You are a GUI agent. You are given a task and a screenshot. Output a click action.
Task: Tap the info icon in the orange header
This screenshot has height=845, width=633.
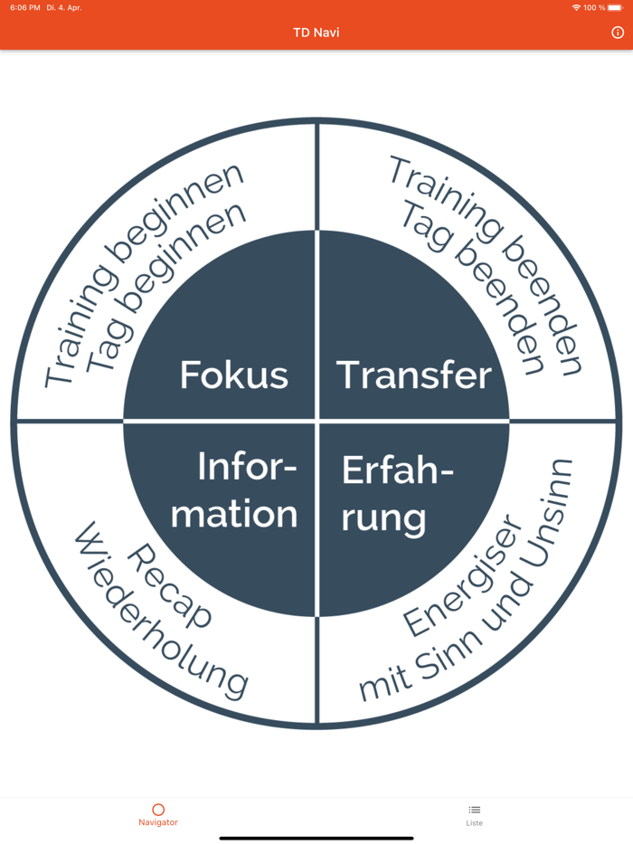click(618, 33)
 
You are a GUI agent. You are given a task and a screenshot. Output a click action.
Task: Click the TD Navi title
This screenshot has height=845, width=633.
click(316, 33)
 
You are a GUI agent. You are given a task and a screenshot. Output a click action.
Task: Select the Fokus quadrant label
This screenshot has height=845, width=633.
click(234, 375)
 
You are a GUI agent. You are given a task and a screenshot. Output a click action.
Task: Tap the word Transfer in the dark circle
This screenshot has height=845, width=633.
click(414, 375)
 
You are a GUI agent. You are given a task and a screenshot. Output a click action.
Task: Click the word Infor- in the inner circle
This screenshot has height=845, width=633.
click(247, 468)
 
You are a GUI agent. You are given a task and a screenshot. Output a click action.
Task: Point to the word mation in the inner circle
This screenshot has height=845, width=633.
click(234, 514)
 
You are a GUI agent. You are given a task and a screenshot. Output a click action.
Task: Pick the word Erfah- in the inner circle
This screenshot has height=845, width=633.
click(398, 470)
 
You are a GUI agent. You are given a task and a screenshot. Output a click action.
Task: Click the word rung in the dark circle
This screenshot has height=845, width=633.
click(383, 518)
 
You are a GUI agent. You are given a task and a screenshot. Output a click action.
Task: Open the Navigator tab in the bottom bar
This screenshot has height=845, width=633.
click(158, 814)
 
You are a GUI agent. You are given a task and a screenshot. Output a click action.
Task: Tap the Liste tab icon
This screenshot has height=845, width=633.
click(475, 810)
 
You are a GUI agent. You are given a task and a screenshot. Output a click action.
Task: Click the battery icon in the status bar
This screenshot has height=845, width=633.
click(615, 7)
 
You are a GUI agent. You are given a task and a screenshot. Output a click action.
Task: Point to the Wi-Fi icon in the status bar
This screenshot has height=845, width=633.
click(576, 7)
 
